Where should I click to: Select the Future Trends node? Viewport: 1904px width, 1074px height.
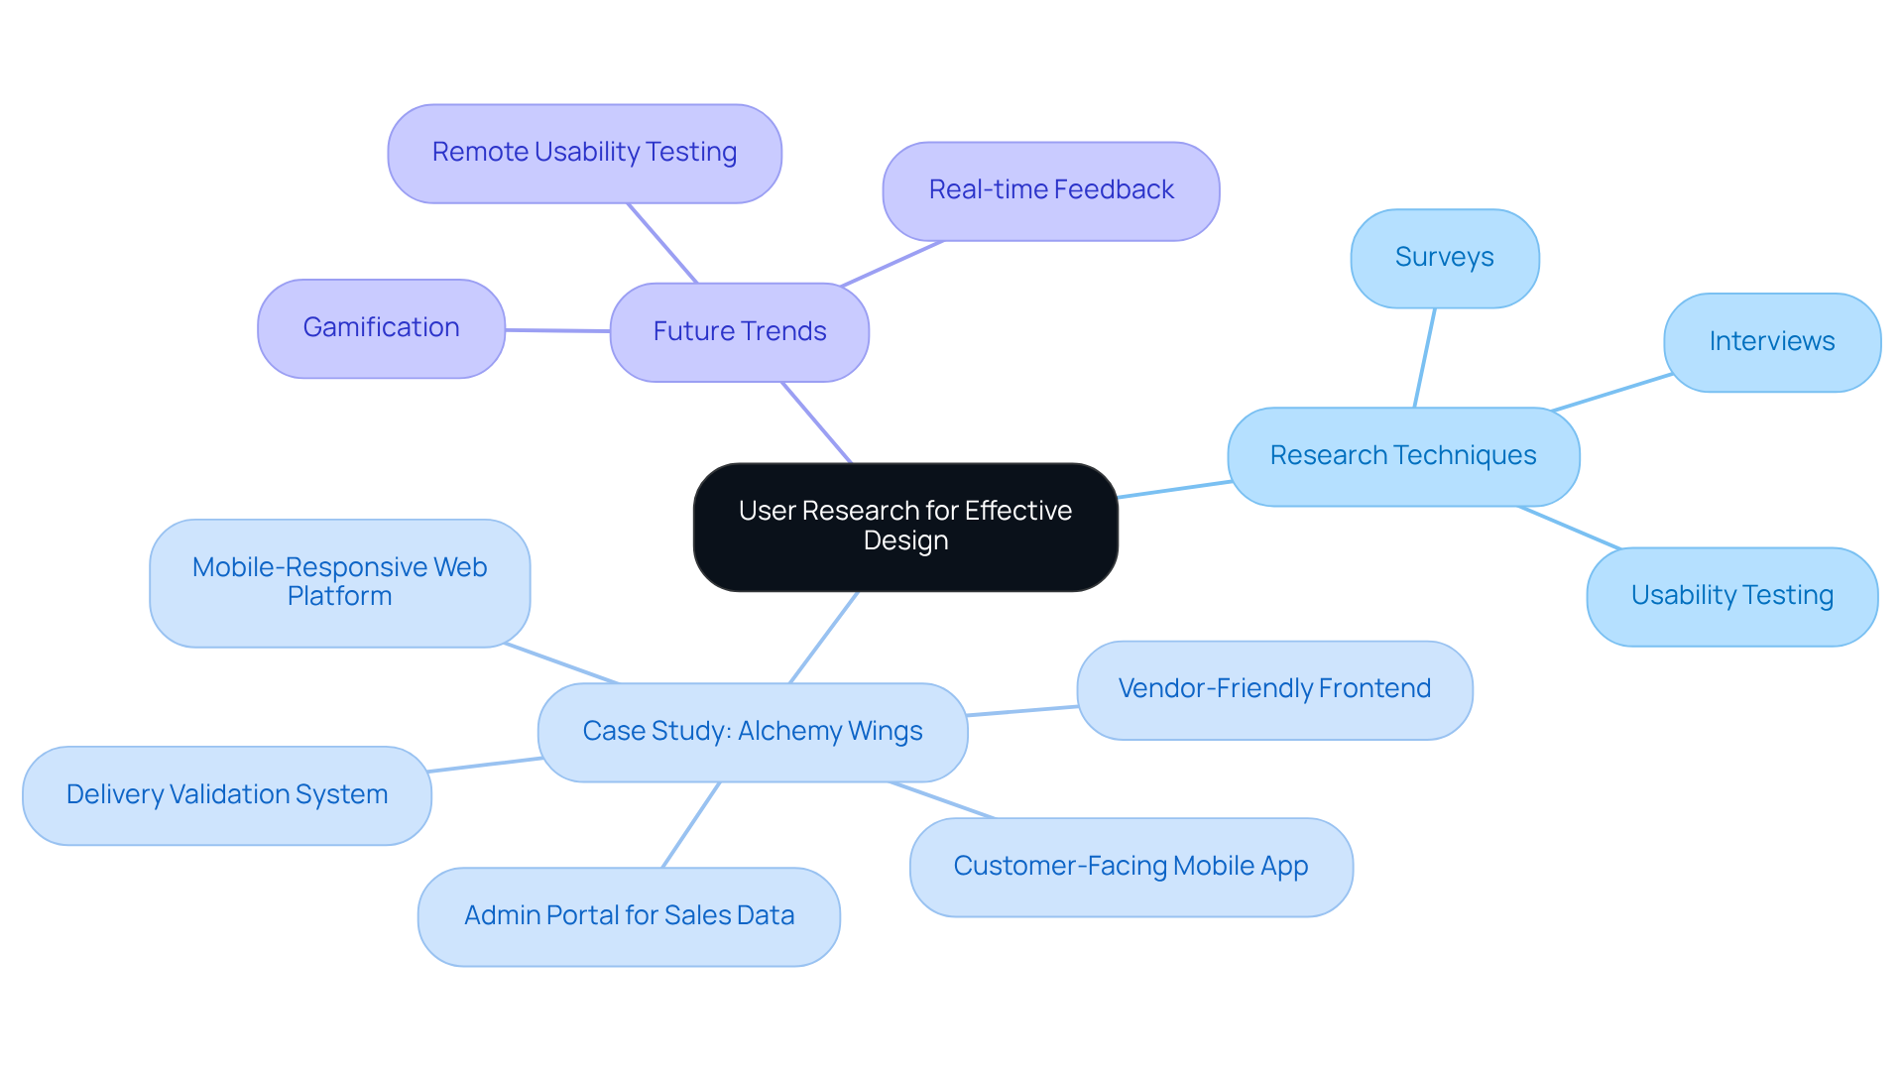pos(739,332)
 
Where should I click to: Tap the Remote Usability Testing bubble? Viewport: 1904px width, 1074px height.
pos(584,154)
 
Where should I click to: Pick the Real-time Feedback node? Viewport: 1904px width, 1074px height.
pos(1050,190)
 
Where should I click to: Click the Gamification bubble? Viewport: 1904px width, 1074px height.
pos(381,328)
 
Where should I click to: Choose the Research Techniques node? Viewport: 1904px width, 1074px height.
pos(1402,456)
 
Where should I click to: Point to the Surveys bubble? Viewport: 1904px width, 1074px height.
pos(1444,258)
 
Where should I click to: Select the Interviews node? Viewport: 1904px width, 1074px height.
pos(1771,342)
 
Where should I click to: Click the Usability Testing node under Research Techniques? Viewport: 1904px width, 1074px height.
pos(1731,596)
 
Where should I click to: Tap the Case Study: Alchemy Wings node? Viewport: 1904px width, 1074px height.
pos(752,732)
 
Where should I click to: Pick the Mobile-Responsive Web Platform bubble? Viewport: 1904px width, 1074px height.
pos(339,582)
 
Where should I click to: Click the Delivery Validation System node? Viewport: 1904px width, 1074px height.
pos(226,795)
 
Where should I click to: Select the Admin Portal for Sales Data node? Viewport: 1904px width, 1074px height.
pos(629,916)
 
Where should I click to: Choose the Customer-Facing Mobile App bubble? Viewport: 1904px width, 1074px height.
pos(1130,867)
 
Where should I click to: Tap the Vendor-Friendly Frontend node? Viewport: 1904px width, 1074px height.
pos(1273,689)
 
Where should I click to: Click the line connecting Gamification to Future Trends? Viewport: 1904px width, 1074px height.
pos(557,330)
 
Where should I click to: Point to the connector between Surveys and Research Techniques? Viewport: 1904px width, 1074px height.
pos(1425,357)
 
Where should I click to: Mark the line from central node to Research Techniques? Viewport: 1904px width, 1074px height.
pos(1174,490)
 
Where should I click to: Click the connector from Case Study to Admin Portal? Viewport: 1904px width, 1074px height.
pos(691,825)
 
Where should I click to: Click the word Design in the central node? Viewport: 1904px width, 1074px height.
pos(905,541)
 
